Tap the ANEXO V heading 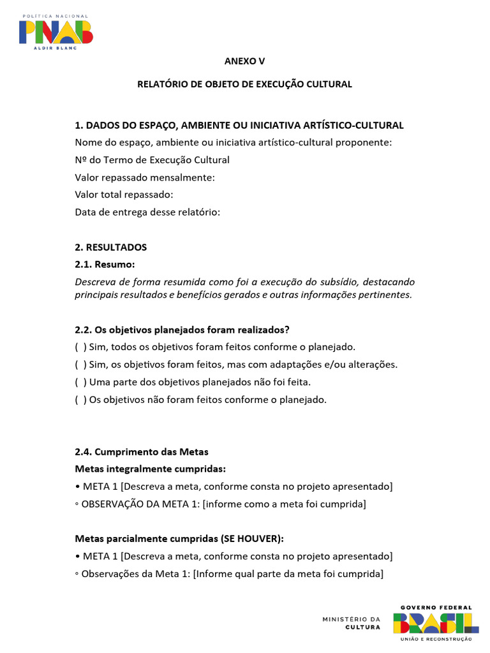tap(244, 61)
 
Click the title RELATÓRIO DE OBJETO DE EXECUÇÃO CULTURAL tap(244, 84)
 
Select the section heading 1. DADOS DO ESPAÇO tap(239, 125)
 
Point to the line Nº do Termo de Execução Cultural tap(152, 160)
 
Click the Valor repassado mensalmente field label tap(145, 177)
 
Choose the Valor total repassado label tap(124, 194)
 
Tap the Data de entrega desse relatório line tap(147, 212)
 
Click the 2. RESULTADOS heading tap(111, 247)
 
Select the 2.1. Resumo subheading tap(105, 265)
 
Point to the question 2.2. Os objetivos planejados tap(182, 330)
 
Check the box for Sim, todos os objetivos tap(81, 347)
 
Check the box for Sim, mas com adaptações tap(81, 365)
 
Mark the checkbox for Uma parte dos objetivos tap(81, 382)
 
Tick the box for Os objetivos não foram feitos tap(81, 400)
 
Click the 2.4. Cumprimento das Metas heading tap(142, 451)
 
